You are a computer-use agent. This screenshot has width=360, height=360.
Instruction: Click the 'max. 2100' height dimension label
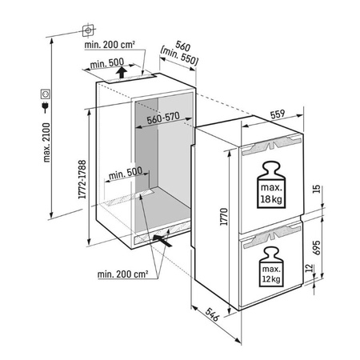point(46,142)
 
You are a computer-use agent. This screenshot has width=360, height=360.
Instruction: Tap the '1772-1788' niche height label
point(82,179)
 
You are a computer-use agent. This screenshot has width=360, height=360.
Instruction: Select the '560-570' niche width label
point(163,118)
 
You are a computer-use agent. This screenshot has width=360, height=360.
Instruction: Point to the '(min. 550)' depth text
point(179,58)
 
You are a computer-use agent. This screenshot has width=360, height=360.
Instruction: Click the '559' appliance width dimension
point(278,114)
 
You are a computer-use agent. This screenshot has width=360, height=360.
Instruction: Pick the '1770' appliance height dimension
point(224,217)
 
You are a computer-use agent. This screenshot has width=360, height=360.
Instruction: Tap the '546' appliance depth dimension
point(213,314)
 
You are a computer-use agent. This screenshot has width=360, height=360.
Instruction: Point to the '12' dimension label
point(309,268)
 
